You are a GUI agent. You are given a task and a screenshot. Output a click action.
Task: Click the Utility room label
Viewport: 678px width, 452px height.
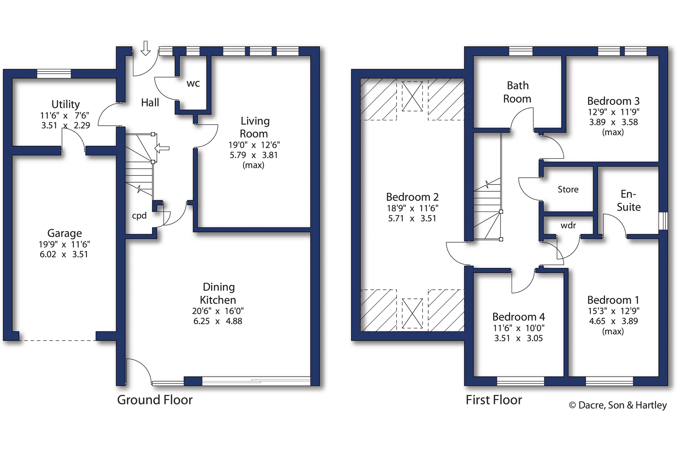[x=66, y=104]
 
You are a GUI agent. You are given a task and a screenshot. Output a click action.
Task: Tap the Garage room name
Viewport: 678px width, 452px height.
[x=64, y=233]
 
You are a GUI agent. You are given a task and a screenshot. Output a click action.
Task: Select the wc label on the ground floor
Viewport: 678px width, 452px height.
[x=193, y=84]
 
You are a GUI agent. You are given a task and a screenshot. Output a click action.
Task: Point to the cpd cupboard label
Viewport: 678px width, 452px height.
[x=139, y=216]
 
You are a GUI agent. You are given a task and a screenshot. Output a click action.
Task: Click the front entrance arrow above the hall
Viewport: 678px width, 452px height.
[x=146, y=48]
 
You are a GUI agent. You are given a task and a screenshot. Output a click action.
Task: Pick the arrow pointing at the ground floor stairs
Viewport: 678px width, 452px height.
[x=162, y=148]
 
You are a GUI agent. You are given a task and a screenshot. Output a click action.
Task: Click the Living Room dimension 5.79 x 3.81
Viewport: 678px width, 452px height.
[x=254, y=155]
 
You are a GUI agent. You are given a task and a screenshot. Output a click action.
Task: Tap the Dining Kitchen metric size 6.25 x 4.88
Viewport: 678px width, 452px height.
[x=218, y=321]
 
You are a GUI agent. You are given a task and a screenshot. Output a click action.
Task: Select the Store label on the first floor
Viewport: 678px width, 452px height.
[x=568, y=189]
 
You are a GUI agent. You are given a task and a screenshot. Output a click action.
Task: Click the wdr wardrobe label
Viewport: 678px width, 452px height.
[x=568, y=226]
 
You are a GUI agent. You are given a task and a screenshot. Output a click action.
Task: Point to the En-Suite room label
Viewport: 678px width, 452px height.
[x=629, y=201]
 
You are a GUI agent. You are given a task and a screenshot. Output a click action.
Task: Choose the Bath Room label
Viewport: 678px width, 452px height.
[x=518, y=92]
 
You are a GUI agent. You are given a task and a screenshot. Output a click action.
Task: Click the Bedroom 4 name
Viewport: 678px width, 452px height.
[x=519, y=317]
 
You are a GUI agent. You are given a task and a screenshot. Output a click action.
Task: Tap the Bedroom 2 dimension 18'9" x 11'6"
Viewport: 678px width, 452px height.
[x=412, y=208]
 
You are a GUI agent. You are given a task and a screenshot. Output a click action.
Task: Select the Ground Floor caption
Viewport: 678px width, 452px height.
[x=155, y=400]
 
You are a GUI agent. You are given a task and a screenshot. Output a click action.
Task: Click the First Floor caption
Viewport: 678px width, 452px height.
[x=494, y=400]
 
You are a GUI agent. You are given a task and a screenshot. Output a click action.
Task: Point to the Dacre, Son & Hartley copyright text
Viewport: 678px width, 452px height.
[x=618, y=405]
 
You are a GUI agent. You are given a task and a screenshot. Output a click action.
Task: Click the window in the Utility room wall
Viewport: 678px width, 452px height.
[x=54, y=74]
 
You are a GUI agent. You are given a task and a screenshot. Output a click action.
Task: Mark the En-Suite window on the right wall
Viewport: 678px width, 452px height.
[x=663, y=221]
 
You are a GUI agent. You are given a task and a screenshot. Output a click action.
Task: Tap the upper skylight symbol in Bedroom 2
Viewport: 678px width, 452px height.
[x=412, y=96]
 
